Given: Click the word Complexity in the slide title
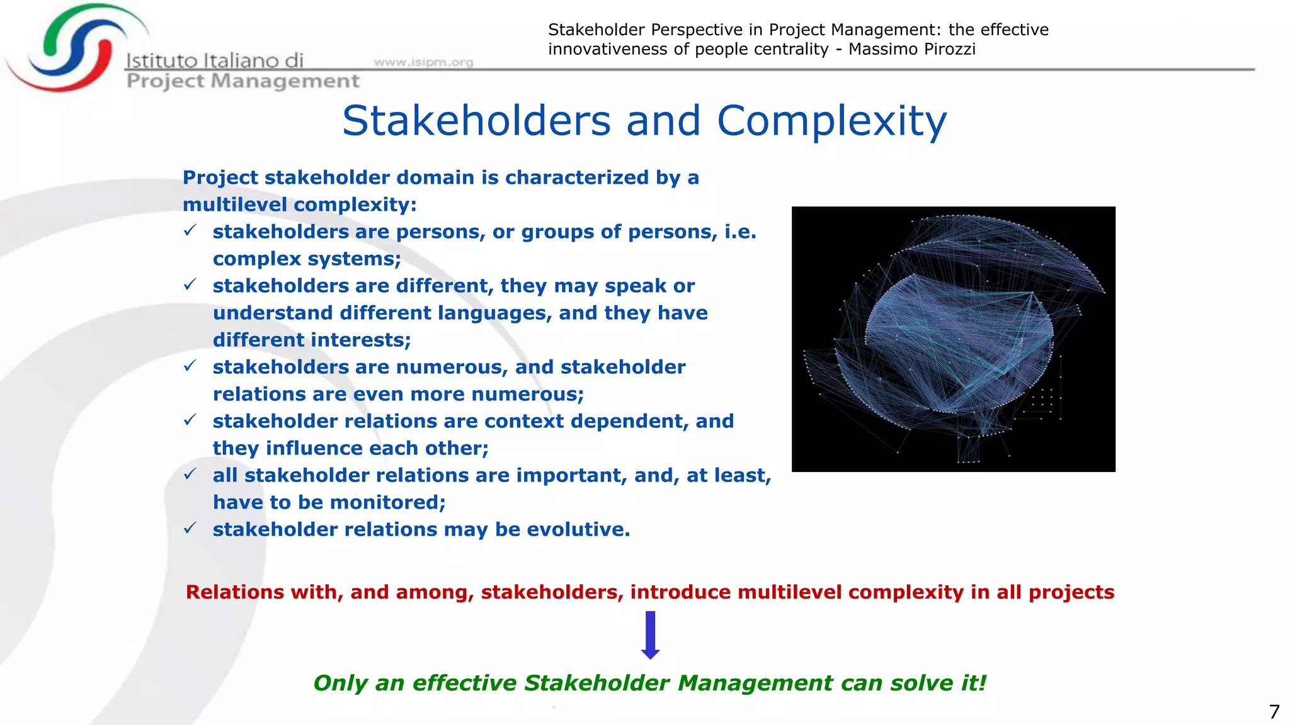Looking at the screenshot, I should pyautogui.click(x=831, y=121).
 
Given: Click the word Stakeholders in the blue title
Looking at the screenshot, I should pyautogui.click(x=476, y=121).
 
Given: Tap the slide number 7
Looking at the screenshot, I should pyautogui.click(x=1274, y=712).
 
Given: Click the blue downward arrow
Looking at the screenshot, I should pyautogui.click(x=650, y=634).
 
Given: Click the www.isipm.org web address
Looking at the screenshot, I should pyautogui.click(x=423, y=62).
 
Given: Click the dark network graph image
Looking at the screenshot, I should pyautogui.click(x=953, y=339).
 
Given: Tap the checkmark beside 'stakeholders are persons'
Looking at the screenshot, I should pyautogui.click(x=190, y=231).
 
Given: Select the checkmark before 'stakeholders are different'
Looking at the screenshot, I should pyautogui.click(x=190, y=285).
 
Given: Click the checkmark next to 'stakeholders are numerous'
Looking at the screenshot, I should pyautogui.click(x=190, y=366).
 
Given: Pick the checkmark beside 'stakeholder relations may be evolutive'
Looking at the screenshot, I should pyautogui.click(x=190, y=529).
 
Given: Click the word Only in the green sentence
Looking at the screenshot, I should pyautogui.click(x=340, y=683).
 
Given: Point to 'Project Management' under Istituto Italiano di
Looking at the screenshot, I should pyautogui.click(x=243, y=81).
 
